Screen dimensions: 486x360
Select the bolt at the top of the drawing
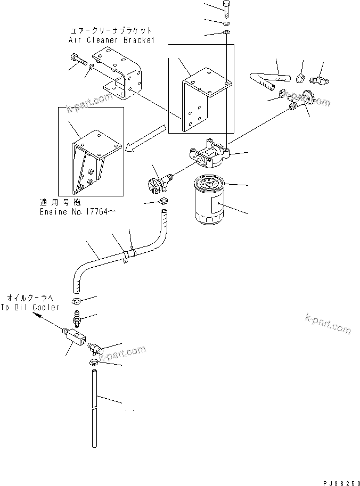coord(225,9)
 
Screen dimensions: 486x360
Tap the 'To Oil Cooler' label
coord(30,308)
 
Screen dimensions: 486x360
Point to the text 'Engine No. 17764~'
coord(78,212)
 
